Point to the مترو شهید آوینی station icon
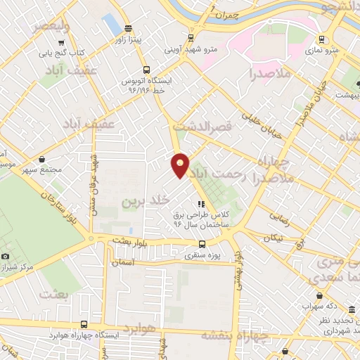click(191, 39)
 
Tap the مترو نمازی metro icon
click(321, 39)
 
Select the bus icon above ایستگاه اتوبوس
click(146, 70)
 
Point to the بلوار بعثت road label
click(130, 242)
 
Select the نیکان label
click(272, 238)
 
